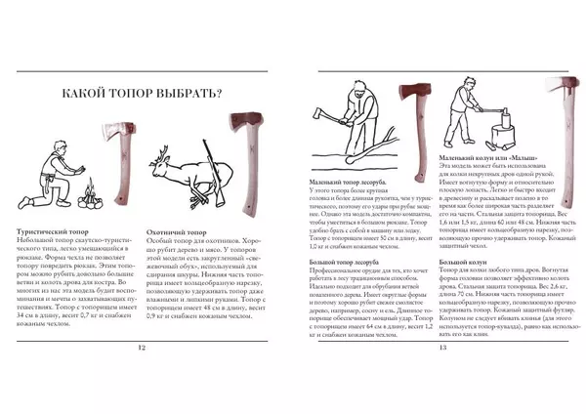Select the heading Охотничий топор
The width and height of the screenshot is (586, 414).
pyautogui.click(x=176, y=232)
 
